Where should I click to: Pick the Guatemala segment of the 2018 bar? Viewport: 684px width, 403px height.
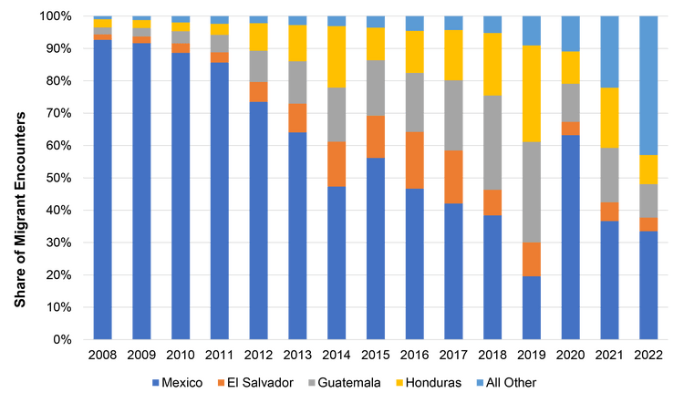(x=492, y=142)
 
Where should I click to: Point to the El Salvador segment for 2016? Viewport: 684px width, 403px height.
(x=415, y=160)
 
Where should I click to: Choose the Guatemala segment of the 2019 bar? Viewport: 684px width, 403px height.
(x=532, y=192)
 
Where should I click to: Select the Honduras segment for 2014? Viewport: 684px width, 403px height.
(x=337, y=57)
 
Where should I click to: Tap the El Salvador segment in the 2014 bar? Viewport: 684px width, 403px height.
(x=337, y=164)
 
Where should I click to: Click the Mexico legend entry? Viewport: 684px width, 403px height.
(x=176, y=382)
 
